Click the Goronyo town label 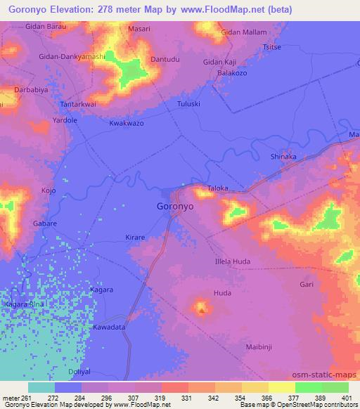coord(175,208)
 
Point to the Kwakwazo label coord(127,123)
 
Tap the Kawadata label coord(109,327)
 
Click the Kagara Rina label coord(24,304)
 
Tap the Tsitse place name coord(271,48)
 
